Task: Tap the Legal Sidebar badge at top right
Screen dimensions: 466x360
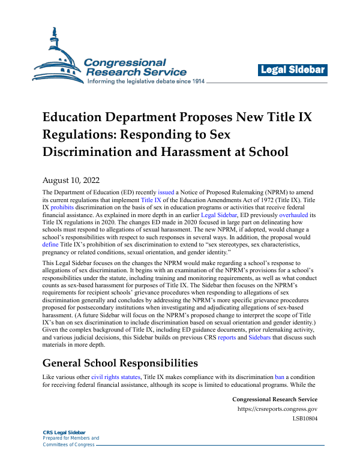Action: point(293,70)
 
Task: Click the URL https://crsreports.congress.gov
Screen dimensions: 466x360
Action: point(277,410)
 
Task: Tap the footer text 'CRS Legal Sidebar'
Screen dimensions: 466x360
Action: point(64,432)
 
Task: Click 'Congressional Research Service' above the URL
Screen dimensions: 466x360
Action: point(274,399)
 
